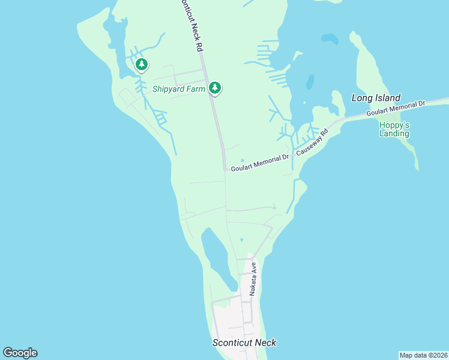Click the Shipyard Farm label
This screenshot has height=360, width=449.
click(x=178, y=89)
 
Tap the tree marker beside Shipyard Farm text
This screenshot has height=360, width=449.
click(x=215, y=88)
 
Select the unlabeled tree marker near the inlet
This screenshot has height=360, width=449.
click(x=141, y=64)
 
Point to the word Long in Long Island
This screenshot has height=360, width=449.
click(x=362, y=98)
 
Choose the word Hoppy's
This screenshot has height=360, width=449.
click(x=394, y=125)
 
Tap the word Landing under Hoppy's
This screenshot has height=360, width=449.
click(x=394, y=133)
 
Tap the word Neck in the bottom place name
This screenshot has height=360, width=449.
click(x=265, y=343)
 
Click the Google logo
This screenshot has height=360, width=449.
click(x=20, y=353)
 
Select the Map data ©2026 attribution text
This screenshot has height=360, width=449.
click(x=423, y=355)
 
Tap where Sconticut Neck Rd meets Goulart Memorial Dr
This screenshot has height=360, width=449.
click(x=225, y=169)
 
